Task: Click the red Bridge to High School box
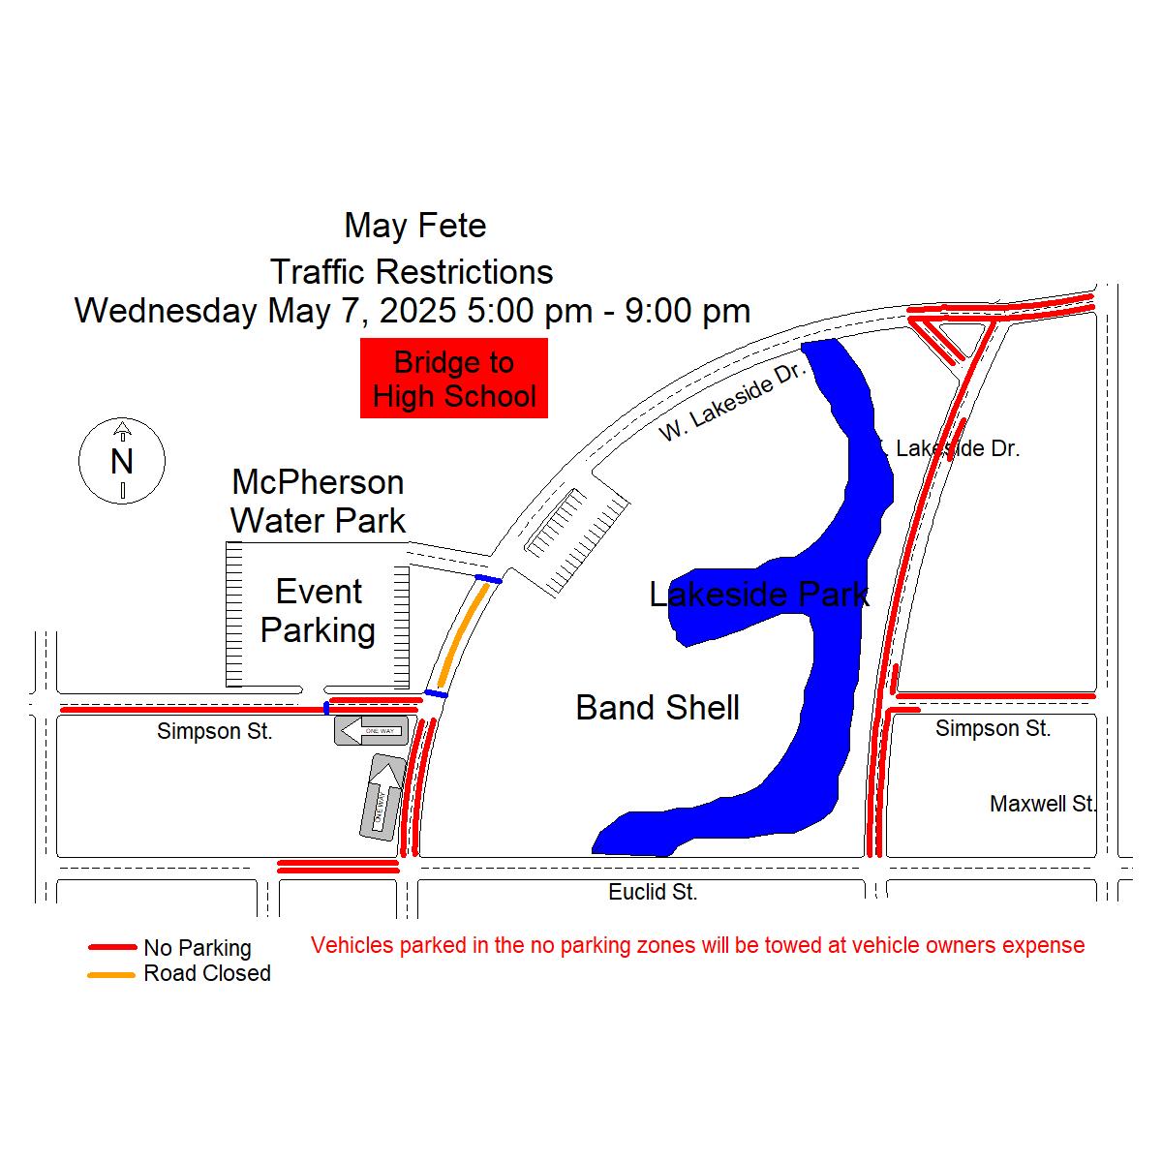pos(453,379)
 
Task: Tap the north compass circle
pos(122,461)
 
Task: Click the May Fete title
pos(415,226)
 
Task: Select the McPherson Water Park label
pos(318,501)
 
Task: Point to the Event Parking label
pos(319,610)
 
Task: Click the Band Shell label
pos(657,708)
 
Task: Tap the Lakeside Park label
pos(758,594)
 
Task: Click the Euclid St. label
pos(653,892)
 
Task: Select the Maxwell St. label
pos(1043,804)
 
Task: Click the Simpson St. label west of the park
pos(215,731)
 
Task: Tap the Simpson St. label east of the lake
pos(993,728)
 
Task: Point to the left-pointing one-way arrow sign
pos(370,730)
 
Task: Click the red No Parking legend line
pos(112,947)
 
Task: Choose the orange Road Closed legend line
pos(112,974)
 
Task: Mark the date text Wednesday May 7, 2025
pos(265,311)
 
